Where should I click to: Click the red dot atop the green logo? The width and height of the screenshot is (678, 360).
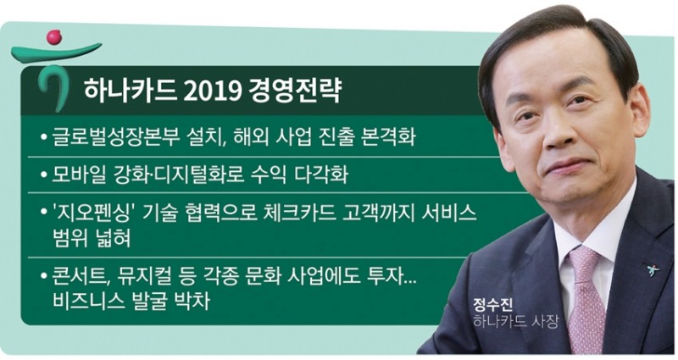[x=54, y=36]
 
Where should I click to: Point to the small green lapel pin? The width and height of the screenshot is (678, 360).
[x=652, y=271]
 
